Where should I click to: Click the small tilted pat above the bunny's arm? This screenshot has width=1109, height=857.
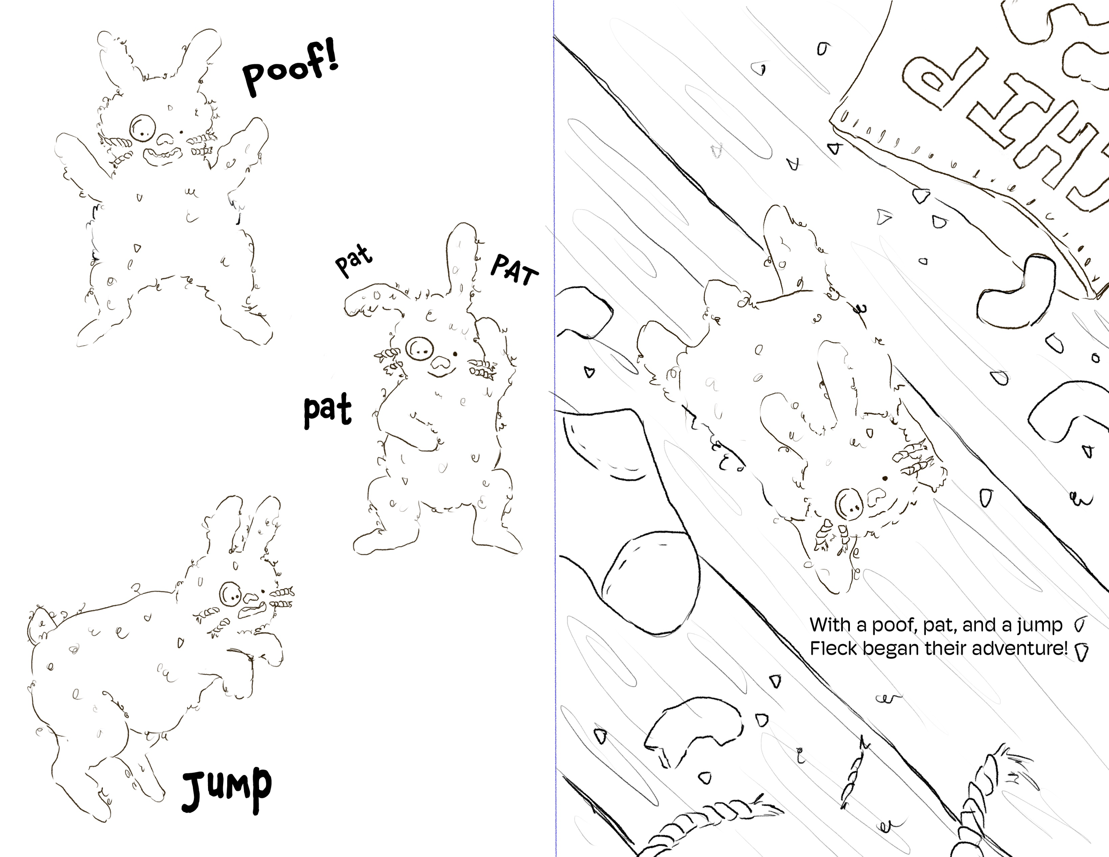(x=354, y=260)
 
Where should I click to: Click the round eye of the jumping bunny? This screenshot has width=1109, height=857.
(x=231, y=593)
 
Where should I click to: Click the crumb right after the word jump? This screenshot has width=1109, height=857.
(x=1078, y=625)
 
